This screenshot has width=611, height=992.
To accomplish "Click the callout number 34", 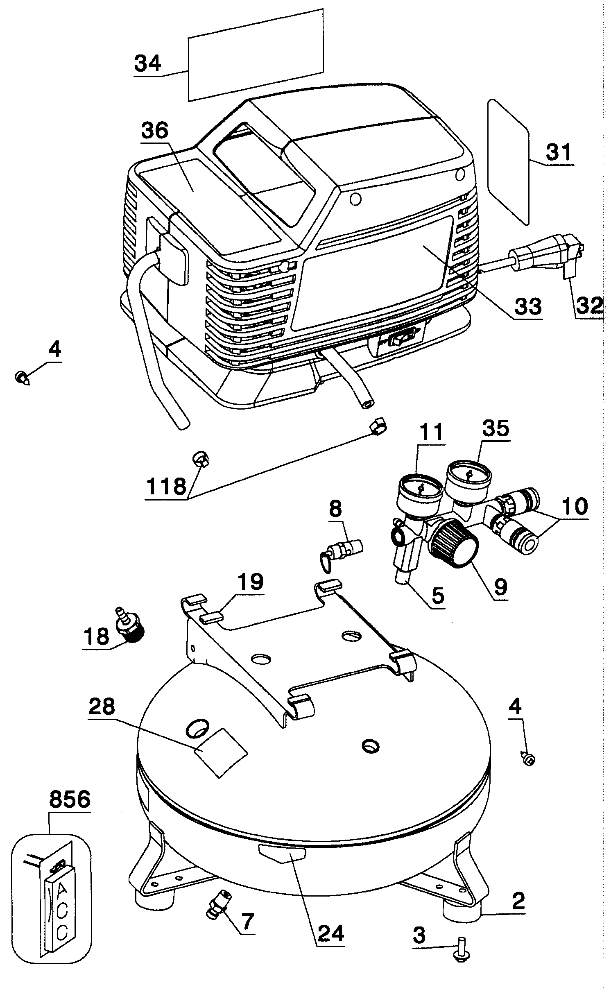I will point(147,64).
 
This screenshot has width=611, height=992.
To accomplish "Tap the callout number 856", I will point(69,799).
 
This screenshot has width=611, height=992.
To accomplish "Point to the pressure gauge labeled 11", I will point(420,491).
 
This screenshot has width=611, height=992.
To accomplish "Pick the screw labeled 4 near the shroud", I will point(23,376).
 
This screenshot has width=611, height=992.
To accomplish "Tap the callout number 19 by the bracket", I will point(250,582).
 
